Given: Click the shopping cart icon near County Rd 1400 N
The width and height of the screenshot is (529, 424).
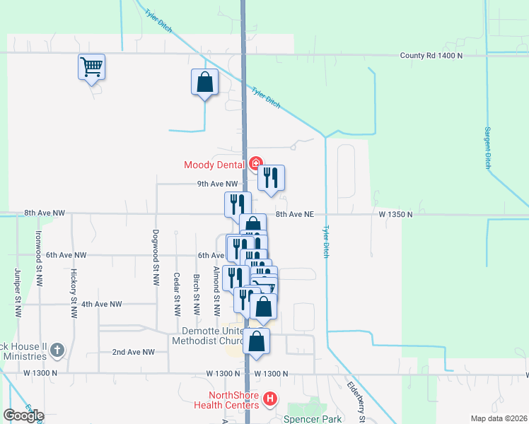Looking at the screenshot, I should pyautogui.click(x=91, y=67).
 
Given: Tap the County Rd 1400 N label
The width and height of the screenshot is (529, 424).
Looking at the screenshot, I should pyautogui.click(x=431, y=55).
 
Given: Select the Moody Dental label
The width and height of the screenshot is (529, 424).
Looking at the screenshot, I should pyautogui.click(x=214, y=165).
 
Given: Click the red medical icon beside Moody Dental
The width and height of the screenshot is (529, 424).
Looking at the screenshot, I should pyautogui.click(x=255, y=164).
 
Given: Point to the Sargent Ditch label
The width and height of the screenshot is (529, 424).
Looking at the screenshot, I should pyautogui.click(x=487, y=148).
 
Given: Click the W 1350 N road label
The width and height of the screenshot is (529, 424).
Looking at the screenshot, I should pyautogui.click(x=395, y=213).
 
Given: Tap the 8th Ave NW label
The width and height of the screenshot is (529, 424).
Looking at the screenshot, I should pyautogui.click(x=44, y=213).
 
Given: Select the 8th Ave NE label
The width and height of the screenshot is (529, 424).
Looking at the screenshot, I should pyautogui.click(x=294, y=214).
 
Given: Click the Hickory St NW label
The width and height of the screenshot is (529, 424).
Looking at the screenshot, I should pyautogui.click(x=73, y=293).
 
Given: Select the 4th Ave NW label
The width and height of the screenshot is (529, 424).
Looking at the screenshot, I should pyautogui.click(x=102, y=304).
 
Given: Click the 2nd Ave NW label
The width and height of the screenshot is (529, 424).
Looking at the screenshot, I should pyautogui.click(x=133, y=351).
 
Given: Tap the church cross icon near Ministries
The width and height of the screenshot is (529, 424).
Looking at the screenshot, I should pyautogui.click(x=57, y=350).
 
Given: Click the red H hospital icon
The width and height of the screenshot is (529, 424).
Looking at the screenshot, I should pyautogui.click(x=269, y=399).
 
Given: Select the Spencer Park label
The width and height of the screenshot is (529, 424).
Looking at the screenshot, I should pyautogui.click(x=312, y=419).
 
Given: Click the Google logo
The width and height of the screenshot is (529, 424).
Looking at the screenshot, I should pyautogui.click(x=23, y=416).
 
